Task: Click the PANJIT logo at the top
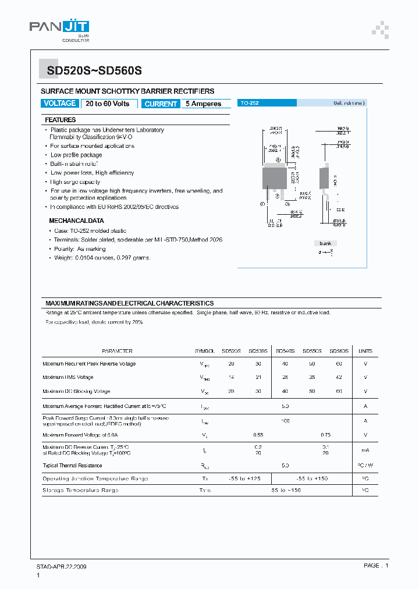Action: pos(59,28)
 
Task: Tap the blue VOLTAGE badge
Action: pos(60,104)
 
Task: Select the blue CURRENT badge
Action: pos(161,104)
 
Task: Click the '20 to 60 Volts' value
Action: pos(108,104)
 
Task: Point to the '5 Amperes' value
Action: pos(203,104)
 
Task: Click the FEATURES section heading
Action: pos(61,120)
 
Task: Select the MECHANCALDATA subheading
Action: pos(76,221)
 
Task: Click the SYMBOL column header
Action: pos(205,351)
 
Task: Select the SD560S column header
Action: pos(339,351)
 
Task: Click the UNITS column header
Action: pos(365,351)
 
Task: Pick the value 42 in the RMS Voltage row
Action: pos(339,377)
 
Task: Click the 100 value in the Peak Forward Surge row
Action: pos(285,420)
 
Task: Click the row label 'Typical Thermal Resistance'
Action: pos(72,465)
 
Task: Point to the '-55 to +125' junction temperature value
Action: pos(244,478)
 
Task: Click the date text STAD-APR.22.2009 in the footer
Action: pos(62,566)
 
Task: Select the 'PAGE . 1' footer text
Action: pos(375,566)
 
